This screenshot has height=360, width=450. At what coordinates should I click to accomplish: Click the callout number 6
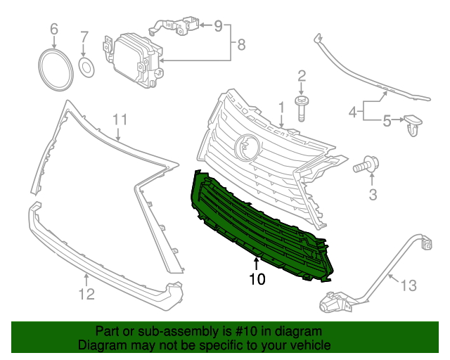tap(54, 30)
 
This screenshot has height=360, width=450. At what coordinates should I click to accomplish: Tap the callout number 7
tap(84, 37)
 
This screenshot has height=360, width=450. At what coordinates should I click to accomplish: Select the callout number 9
tap(218, 27)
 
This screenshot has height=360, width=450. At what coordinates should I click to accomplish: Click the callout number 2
tap(302, 76)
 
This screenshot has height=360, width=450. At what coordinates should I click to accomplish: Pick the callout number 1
tap(281, 108)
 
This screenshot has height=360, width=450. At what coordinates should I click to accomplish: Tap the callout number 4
tap(352, 110)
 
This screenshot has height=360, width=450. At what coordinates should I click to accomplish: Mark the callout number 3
tap(373, 194)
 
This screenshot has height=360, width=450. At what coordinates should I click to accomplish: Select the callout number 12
tap(86, 295)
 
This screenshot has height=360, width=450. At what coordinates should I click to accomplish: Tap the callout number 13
tap(408, 285)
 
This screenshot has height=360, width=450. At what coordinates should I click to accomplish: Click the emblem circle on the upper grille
tap(246, 146)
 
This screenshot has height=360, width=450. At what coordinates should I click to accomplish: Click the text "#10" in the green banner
tap(253, 330)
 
